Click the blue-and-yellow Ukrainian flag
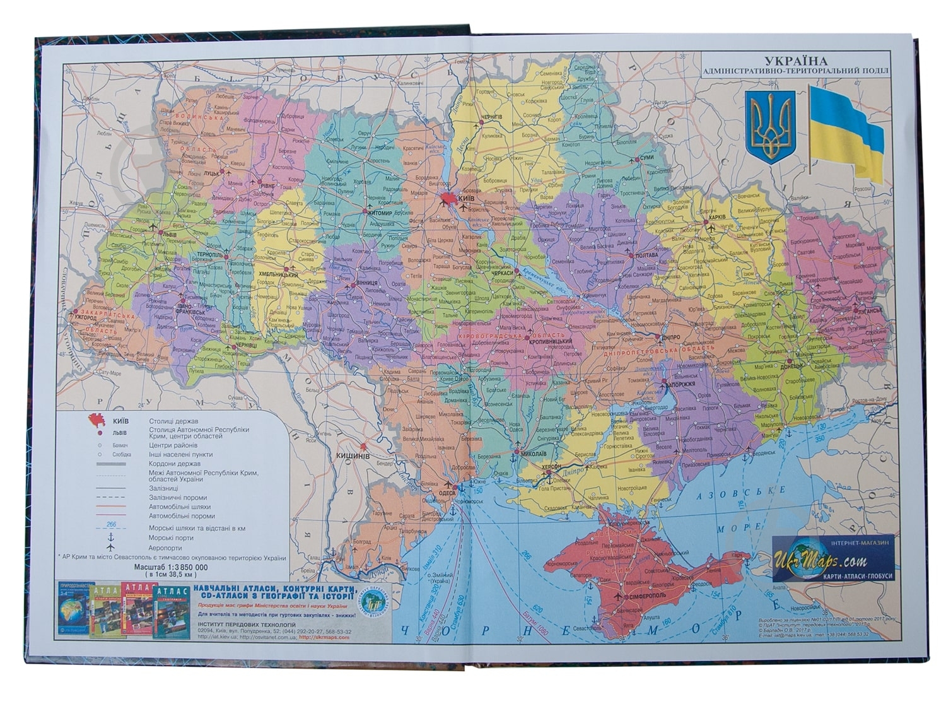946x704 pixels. (x=845, y=133)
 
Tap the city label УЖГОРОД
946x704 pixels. (x=86, y=317)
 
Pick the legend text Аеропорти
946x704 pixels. (x=165, y=548)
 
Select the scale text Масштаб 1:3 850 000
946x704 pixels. (x=170, y=567)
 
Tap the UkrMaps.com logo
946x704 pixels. (x=832, y=560)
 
